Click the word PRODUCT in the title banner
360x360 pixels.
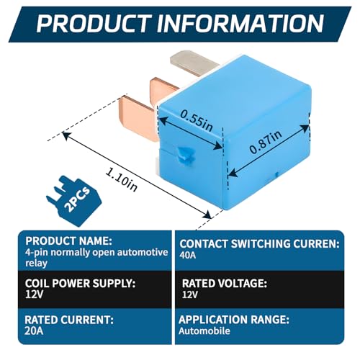click(94, 23)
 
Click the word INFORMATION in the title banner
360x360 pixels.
click(240, 23)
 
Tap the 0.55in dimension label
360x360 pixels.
click(197, 120)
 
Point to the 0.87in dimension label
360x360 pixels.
click(266, 142)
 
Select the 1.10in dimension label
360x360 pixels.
click(122, 179)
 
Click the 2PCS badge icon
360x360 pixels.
click(73, 201)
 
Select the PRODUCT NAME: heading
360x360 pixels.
click(68, 240)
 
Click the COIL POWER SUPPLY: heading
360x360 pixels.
click(80, 283)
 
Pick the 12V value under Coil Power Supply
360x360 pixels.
click(34, 294)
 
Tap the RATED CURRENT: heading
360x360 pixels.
click(69, 320)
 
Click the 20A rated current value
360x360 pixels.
click(34, 331)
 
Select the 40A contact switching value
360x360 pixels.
click(188, 255)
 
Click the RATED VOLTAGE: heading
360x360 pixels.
click(225, 284)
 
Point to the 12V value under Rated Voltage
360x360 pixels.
click(190, 294)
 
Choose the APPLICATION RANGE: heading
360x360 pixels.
click(234, 320)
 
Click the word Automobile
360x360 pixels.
click(204, 331)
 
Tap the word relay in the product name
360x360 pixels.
click(36, 263)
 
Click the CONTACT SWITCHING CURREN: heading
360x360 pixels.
click(259, 244)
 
